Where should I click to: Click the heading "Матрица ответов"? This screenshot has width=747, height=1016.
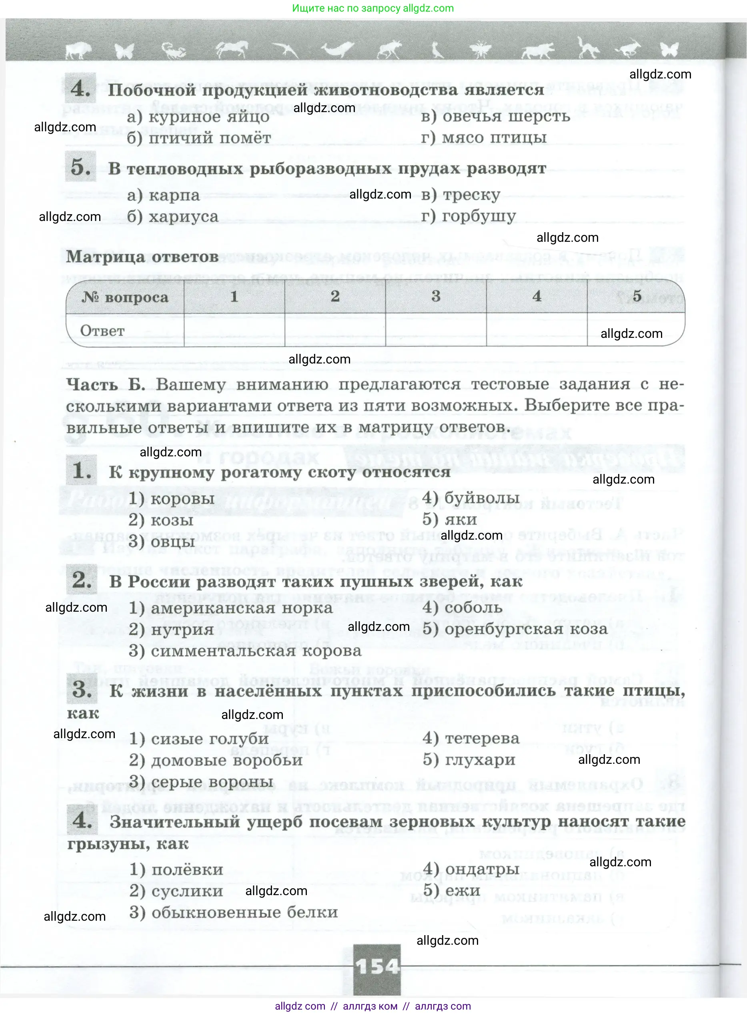point(142,257)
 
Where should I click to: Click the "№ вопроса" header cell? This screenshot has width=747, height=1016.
point(125,297)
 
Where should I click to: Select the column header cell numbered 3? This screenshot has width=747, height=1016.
point(435,296)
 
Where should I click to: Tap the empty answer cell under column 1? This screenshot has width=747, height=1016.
point(234,331)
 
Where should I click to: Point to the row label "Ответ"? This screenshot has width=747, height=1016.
point(102,331)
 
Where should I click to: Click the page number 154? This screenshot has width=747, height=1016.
point(377,967)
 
